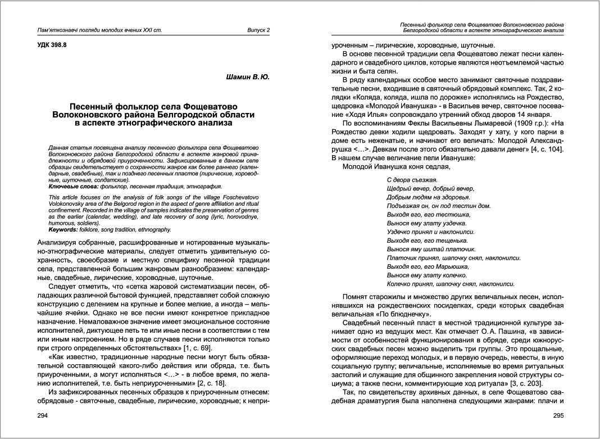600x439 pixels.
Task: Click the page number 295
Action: tap(558, 416)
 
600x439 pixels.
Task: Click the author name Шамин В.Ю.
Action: tap(248, 77)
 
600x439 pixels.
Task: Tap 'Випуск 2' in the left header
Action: tap(258, 30)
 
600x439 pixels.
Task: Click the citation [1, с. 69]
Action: tap(196, 350)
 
